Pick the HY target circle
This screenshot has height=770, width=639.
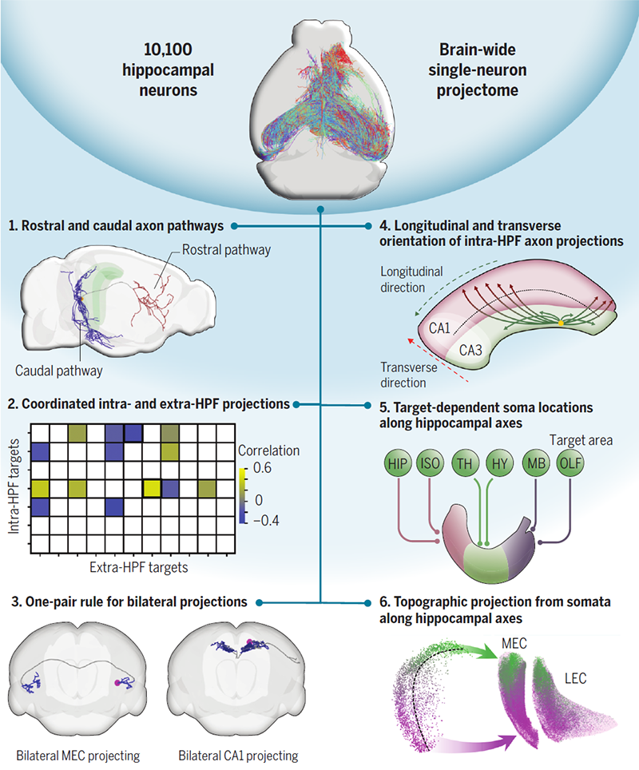[499, 463]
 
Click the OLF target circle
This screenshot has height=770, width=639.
[569, 463]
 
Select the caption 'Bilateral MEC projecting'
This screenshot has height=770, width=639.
[78, 754]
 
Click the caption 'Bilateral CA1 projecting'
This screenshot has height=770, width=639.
[239, 754]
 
